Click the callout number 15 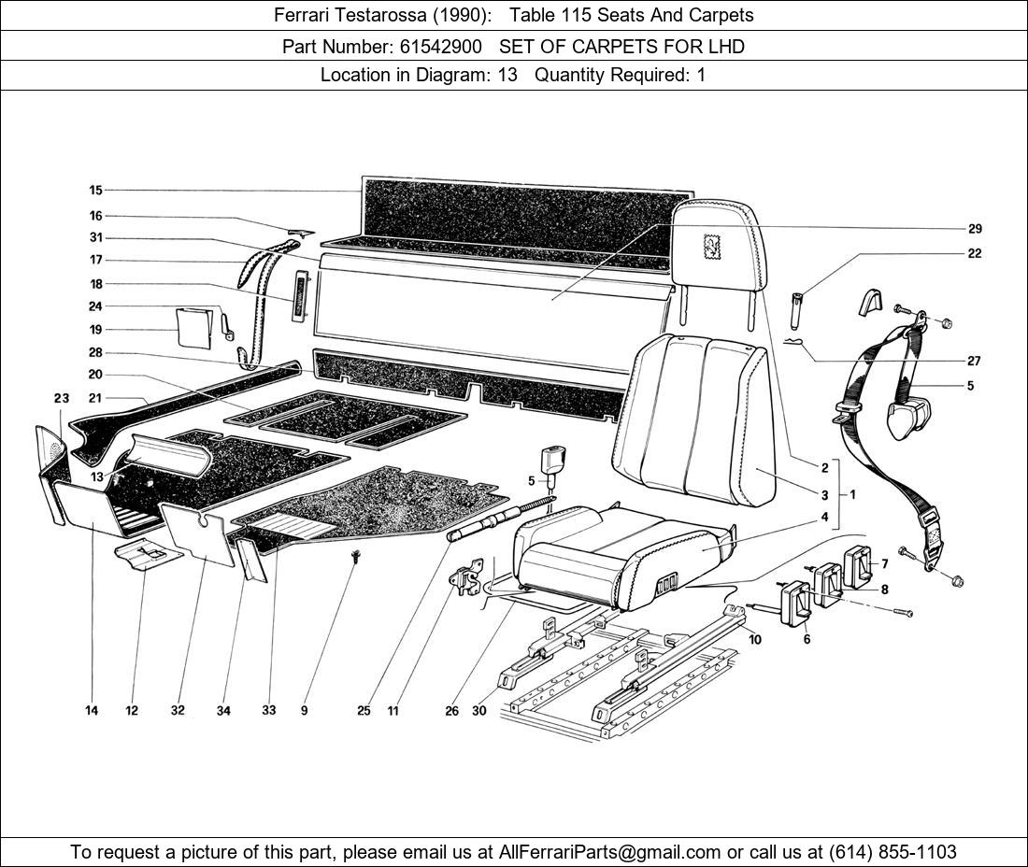[95, 191]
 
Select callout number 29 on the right [975, 229]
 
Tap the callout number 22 [975, 253]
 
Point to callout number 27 [975, 361]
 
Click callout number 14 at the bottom [92, 711]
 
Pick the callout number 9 [304, 711]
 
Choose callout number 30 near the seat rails [479, 711]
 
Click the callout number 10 [754, 640]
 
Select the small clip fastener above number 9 [356, 558]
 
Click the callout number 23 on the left [62, 398]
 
